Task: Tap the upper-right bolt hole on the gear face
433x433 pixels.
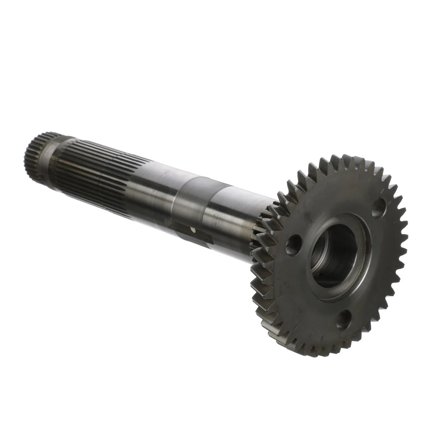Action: point(378,208)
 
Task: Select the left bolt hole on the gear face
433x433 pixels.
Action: point(293,245)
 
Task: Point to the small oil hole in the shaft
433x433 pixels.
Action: point(193,230)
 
